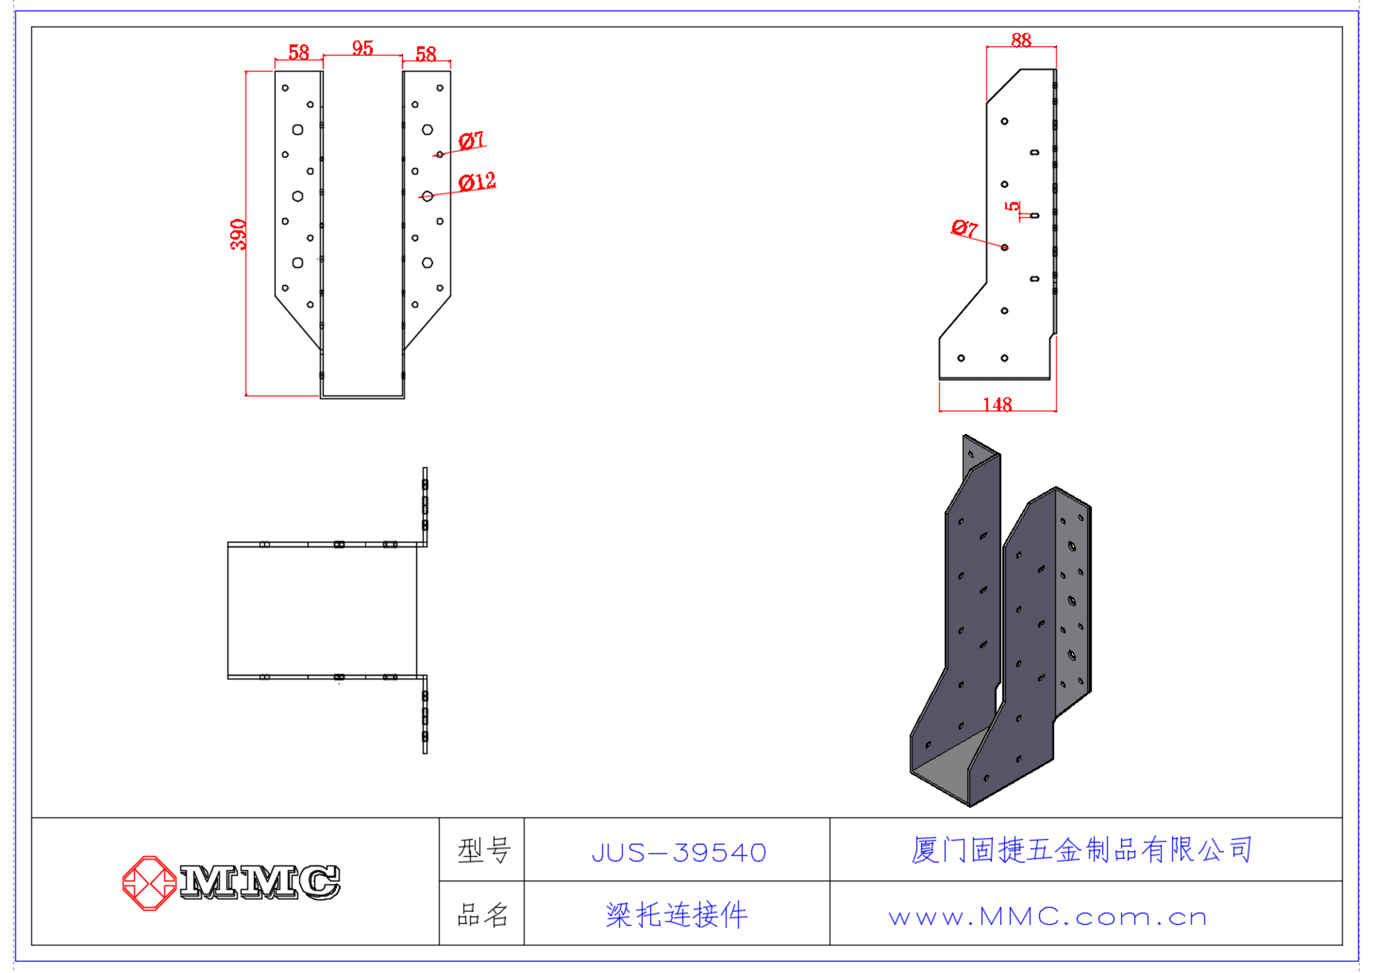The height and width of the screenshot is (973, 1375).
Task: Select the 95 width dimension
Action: click(x=362, y=48)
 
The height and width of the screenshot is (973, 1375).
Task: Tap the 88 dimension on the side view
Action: click(x=1021, y=40)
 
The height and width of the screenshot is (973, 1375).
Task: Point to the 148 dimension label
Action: click(x=998, y=404)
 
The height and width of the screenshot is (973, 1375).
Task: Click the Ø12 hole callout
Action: click(x=477, y=182)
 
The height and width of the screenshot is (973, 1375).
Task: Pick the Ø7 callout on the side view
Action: click(x=964, y=228)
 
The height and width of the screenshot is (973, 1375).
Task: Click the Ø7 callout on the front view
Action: click(x=471, y=141)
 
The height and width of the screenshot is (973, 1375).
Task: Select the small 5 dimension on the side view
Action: click(x=1012, y=206)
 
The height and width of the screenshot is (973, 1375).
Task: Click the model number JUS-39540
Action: click(x=679, y=853)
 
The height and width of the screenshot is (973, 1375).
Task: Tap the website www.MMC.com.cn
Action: click(x=1047, y=917)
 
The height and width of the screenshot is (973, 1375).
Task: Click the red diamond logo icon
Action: click(x=149, y=883)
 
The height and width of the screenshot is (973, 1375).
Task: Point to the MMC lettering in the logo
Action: click(x=260, y=882)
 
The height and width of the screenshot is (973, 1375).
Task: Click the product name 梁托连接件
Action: click(x=677, y=915)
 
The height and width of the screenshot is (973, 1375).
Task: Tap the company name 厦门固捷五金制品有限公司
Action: click(x=1082, y=849)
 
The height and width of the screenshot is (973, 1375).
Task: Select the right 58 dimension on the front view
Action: click(x=426, y=54)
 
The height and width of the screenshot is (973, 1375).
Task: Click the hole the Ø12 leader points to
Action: click(x=427, y=196)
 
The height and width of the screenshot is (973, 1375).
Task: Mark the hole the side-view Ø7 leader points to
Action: click(x=1005, y=247)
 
